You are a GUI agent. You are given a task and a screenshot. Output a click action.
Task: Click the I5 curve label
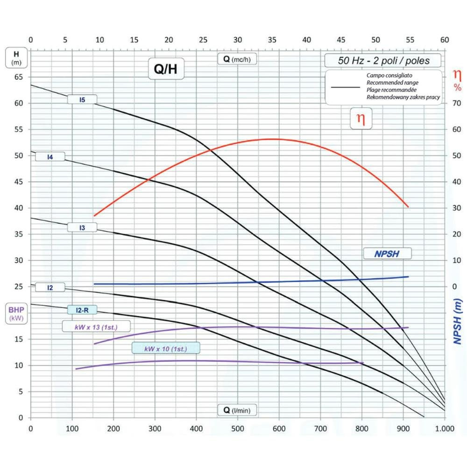(82, 99)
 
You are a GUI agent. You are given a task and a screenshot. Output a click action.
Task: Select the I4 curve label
(50, 157)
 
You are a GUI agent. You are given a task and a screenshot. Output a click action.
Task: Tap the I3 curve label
(82, 227)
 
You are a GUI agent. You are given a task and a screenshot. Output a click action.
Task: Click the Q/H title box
(166, 71)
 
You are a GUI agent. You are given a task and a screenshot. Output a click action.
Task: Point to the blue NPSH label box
(388, 254)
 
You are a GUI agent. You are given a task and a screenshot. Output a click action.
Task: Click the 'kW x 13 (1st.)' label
(96, 326)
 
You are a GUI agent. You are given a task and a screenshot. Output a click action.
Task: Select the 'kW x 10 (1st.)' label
(166, 348)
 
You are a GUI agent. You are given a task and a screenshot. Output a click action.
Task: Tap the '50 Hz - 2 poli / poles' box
(383, 61)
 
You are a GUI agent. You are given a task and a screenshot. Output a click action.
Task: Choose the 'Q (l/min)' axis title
(237, 410)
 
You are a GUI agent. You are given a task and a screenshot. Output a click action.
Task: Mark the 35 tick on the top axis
(272, 40)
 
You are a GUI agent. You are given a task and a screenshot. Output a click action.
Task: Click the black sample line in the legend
(345, 86)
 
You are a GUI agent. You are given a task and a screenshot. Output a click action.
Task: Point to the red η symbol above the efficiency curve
(361, 119)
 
